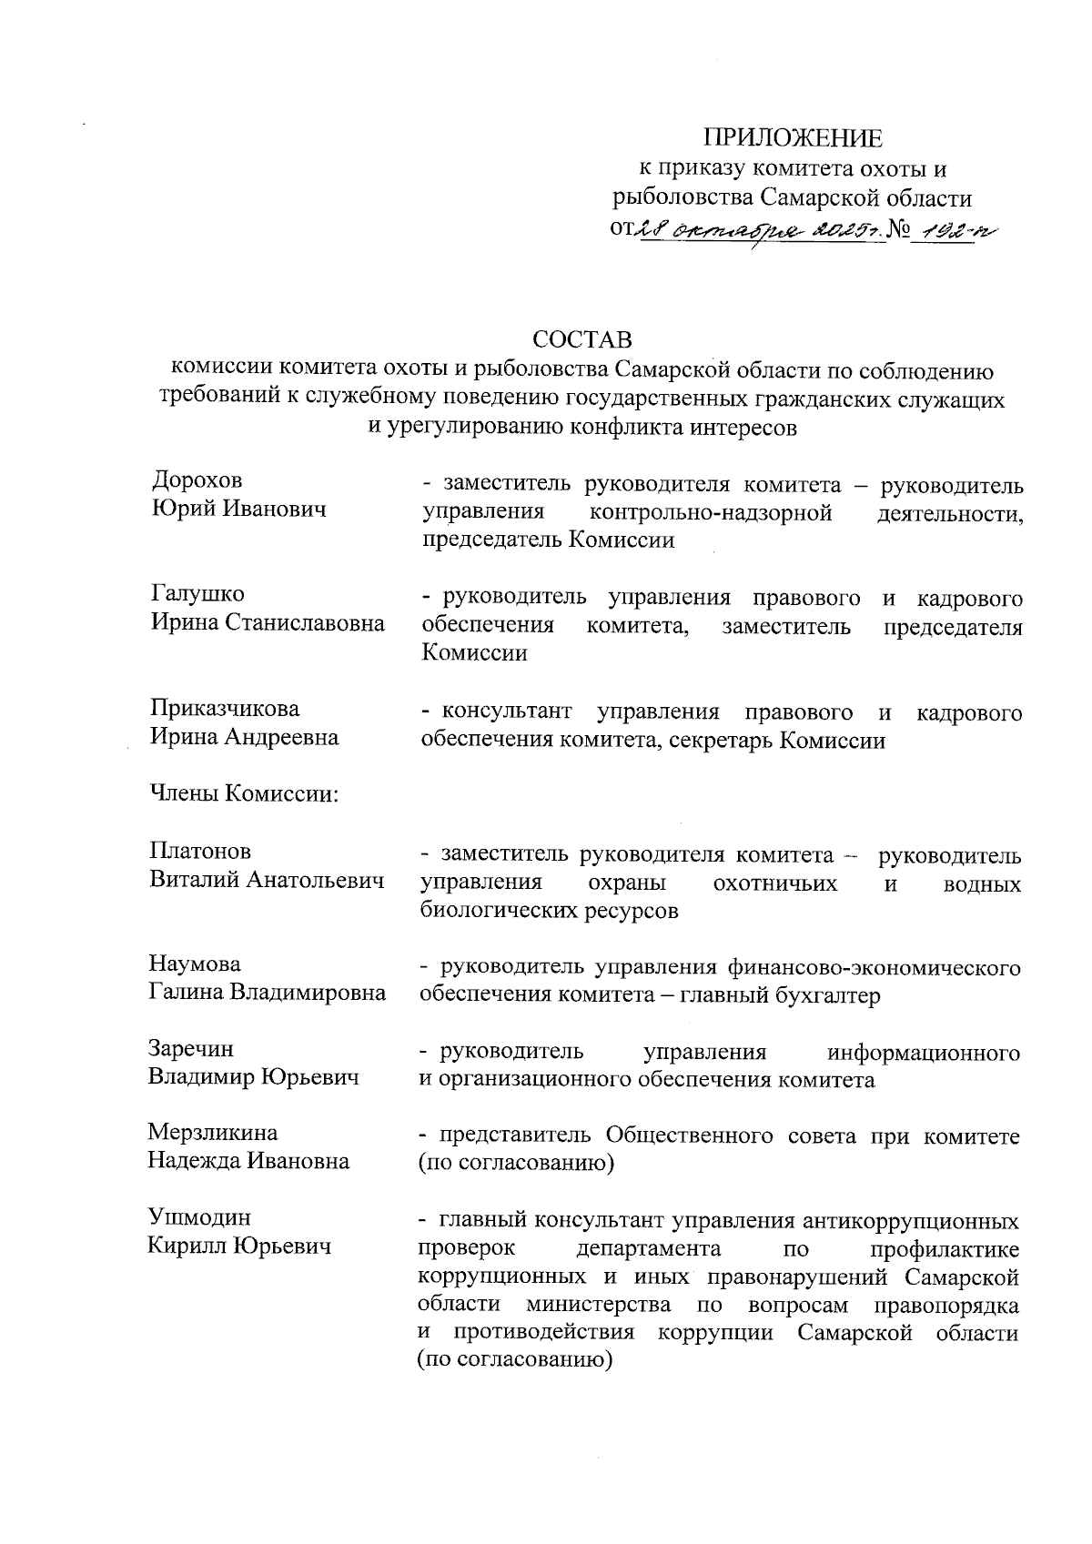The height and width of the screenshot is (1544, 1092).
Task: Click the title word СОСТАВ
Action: tap(582, 340)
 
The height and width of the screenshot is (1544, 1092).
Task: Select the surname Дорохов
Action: tap(197, 481)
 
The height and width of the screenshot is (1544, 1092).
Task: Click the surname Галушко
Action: tap(197, 594)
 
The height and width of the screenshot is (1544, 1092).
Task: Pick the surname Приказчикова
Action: tap(225, 708)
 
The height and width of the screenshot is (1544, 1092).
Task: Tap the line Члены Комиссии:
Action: tap(244, 793)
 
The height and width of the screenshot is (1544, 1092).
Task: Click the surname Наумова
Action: tap(195, 964)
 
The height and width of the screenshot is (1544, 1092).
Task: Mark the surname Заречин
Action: tap(191, 1048)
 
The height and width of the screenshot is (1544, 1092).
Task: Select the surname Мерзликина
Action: tap(213, 1133)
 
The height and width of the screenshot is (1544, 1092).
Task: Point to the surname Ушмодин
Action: tap(199, 1217)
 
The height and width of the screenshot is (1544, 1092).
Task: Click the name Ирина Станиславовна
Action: tap(268, 623)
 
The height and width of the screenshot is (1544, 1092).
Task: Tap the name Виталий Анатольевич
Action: tap(267, 880)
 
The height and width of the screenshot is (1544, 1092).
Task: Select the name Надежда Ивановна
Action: tap(248, 1162)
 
